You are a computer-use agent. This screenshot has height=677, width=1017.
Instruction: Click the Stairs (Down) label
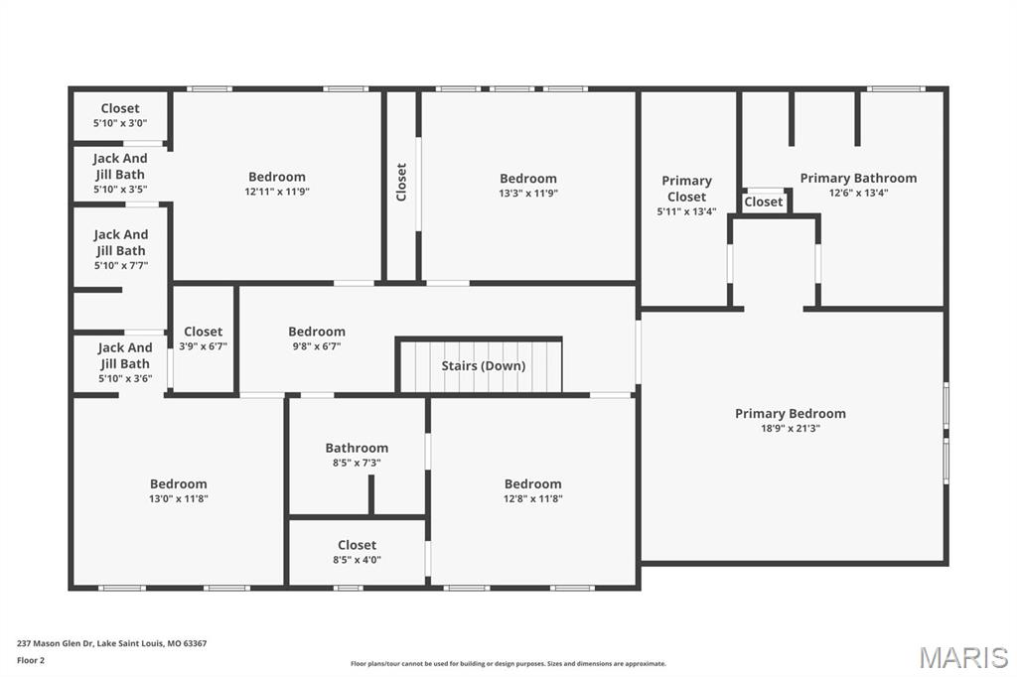point(484,365)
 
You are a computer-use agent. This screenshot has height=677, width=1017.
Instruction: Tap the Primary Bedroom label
point(790,414)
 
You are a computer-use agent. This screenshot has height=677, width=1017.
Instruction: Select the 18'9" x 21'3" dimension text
point(790,428)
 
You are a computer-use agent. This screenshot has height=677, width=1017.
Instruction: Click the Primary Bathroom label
point(858,179)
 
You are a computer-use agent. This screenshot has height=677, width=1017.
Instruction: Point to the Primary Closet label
point(686,189)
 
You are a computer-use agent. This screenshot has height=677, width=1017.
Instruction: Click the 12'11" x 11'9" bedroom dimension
point(277,192)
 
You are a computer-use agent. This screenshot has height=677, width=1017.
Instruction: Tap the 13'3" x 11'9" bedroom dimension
point(528,193)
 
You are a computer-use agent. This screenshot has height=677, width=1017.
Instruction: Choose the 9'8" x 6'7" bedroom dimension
point(317,346)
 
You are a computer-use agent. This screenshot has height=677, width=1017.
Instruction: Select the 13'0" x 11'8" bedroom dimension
point(179,498)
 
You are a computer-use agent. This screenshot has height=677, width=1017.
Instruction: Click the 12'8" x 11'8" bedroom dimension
point(532,498)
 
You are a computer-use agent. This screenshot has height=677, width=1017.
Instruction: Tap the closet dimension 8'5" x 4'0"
point(357,560)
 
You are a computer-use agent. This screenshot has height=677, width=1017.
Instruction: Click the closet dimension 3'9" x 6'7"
point(203,346)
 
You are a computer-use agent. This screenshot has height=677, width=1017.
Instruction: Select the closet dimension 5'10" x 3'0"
point(120,123)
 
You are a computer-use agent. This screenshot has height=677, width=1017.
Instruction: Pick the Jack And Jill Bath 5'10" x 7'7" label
point(120,250)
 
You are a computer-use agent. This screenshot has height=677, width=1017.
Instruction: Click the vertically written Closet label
point(401,183)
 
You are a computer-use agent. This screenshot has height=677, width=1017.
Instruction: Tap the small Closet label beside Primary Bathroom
point(764,202)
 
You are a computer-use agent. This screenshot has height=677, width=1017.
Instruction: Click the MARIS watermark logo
point(963,657)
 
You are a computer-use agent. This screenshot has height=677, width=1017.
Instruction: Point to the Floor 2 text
point(31,661)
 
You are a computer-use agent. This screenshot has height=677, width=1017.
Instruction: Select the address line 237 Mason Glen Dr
point(111,643)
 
